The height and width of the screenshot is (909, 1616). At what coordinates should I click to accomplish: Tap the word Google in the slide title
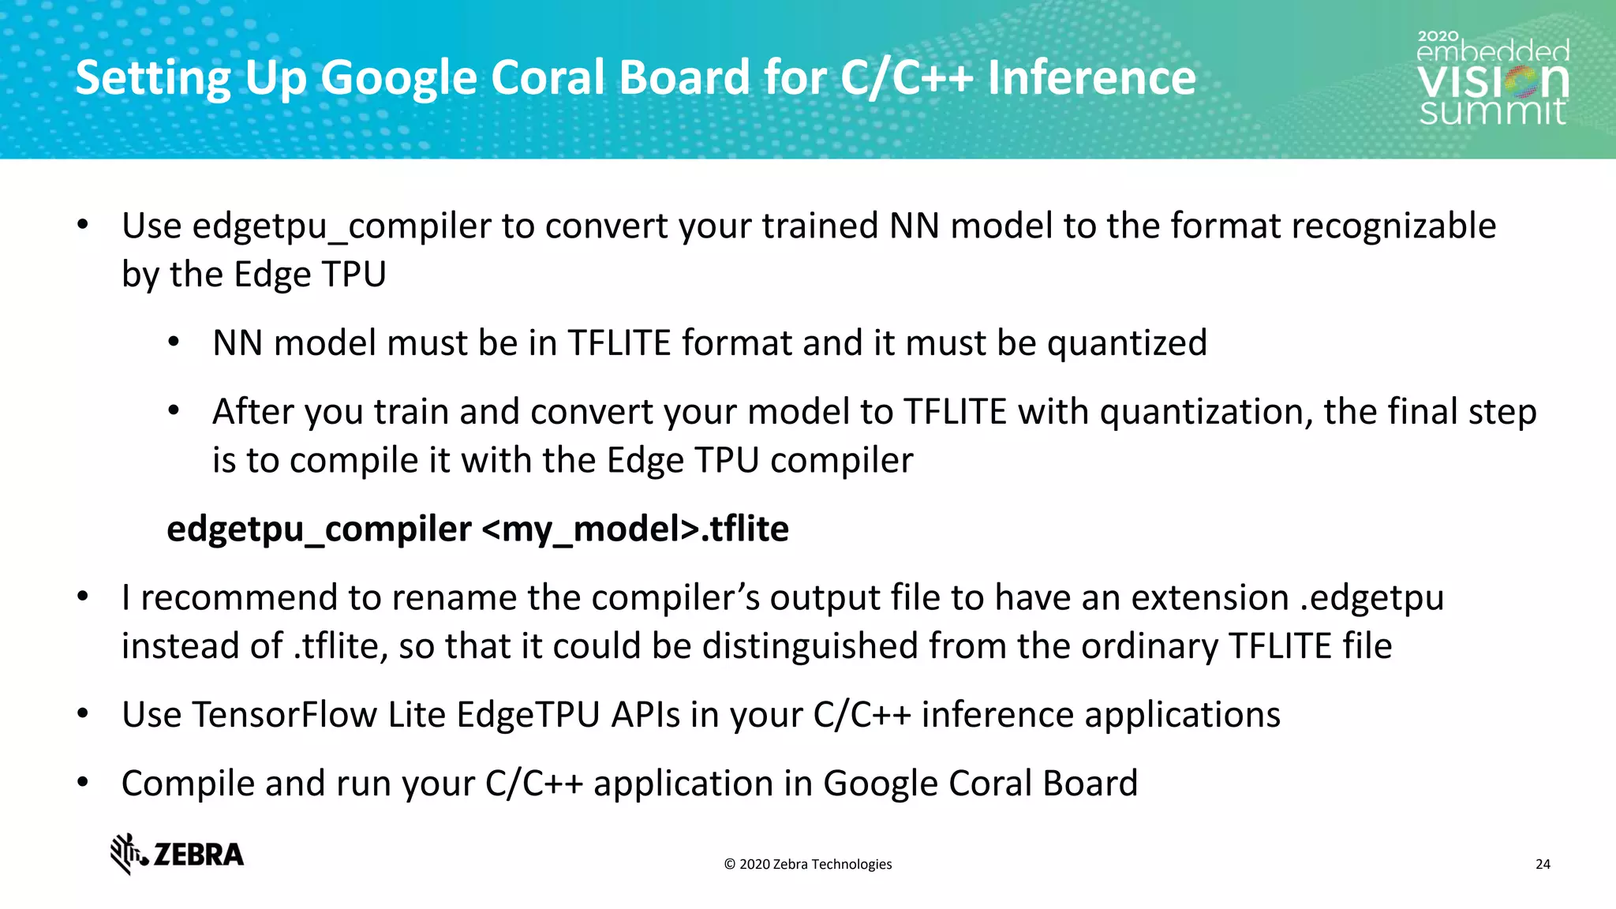coord(398,79)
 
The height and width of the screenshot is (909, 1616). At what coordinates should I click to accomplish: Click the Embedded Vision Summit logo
coord(1492,79)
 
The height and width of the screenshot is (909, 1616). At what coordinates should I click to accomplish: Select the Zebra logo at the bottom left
coord(178,854)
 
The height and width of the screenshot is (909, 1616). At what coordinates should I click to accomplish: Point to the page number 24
coord(1543,864)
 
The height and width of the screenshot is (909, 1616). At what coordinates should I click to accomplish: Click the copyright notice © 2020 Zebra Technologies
coord(808,864)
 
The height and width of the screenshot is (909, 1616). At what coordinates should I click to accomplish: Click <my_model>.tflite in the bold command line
coord(634,529)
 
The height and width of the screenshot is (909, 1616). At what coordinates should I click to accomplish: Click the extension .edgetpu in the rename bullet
coord(1371,597)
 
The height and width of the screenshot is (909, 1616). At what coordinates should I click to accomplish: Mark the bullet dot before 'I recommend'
coord(83,597)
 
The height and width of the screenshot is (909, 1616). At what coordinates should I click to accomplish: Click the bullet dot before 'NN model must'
coord(174,343)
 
